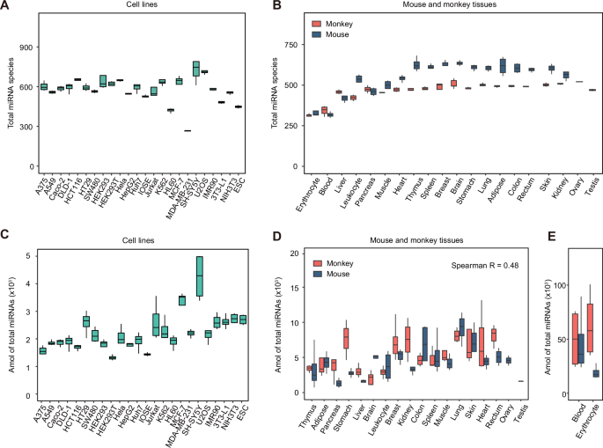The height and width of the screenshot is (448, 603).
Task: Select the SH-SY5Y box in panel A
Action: [x=196, y=69]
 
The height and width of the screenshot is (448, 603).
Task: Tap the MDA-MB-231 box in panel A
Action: [x=188, y=130]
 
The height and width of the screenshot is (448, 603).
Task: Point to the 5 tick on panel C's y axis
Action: [x=28, y=256]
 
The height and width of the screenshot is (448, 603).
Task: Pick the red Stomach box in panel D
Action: [x=346, y=337]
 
